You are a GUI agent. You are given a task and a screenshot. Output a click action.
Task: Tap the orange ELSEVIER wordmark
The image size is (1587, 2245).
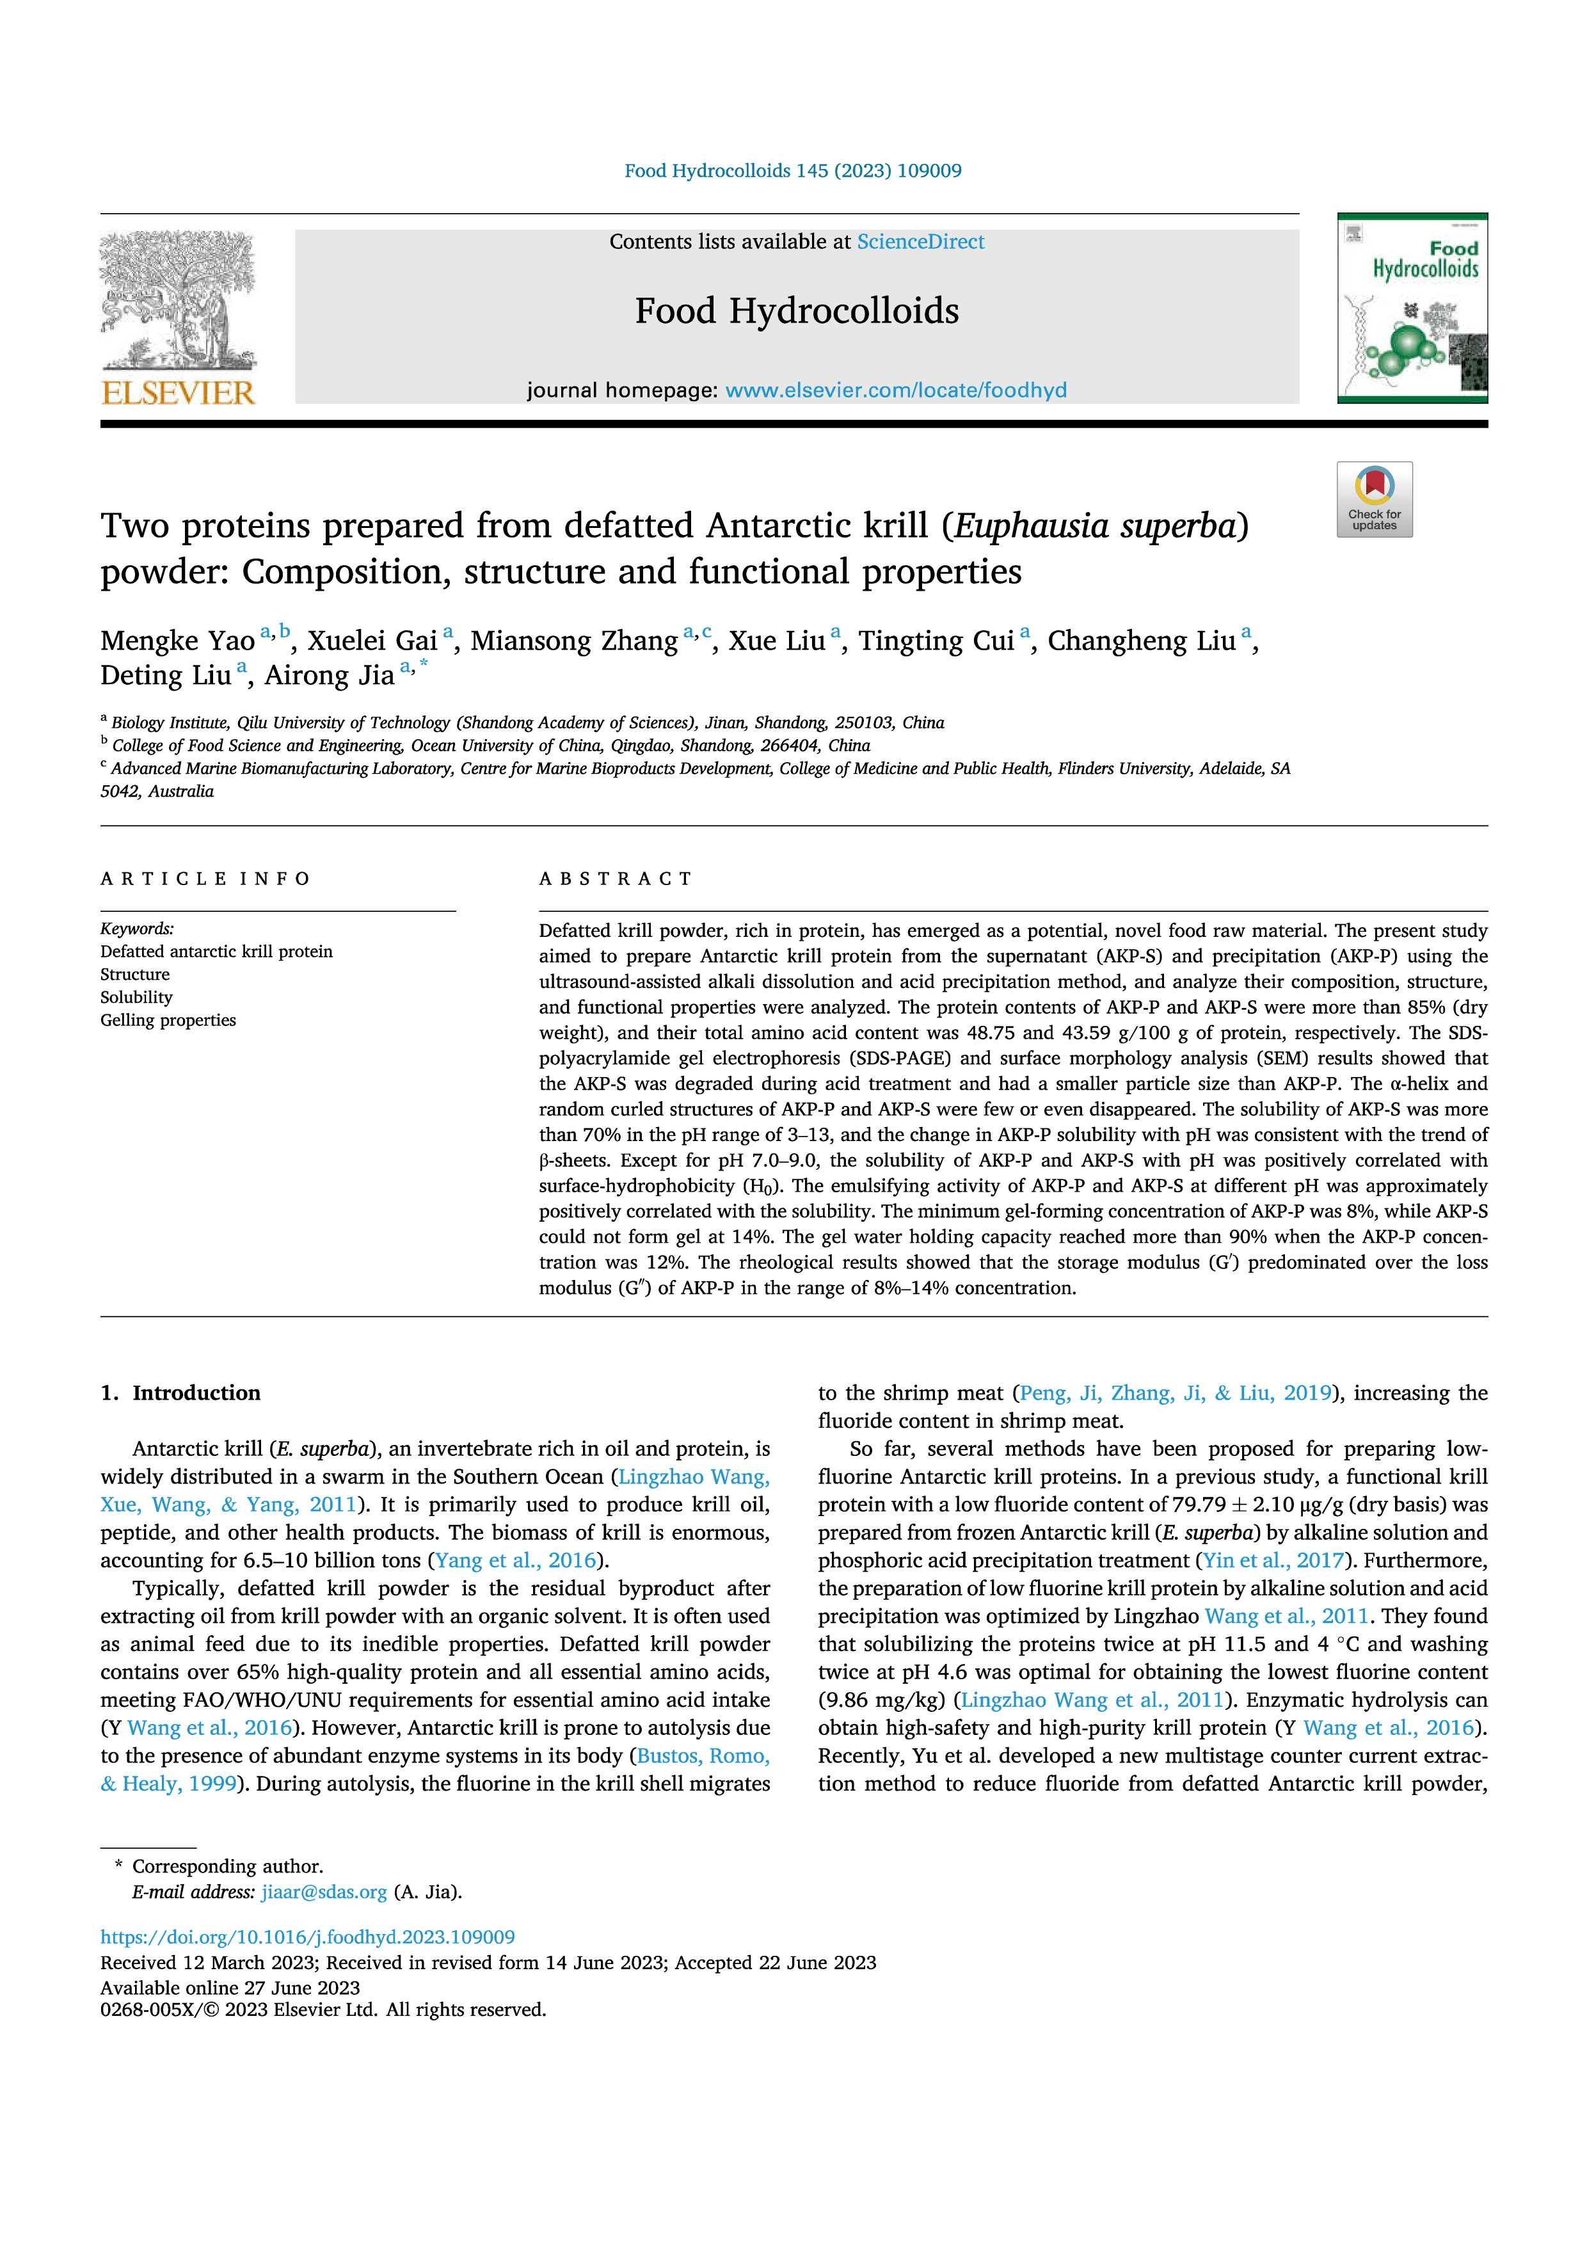[x=178, y=393]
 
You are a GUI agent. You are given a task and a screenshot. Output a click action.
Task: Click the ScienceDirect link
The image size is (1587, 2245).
[x=920, y=241]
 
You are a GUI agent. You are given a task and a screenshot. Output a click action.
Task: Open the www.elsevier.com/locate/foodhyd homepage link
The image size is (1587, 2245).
[x=896, y=390]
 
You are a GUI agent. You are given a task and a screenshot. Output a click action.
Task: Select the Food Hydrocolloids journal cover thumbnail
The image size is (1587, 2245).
[x=1412, y=308]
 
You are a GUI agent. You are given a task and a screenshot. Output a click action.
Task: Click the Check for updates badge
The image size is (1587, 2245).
[x=1374, y=499]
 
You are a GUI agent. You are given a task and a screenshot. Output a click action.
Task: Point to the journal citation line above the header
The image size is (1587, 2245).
[x=793, y=171]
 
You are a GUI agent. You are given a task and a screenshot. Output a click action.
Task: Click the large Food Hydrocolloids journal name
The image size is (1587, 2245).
[x=797, y=311]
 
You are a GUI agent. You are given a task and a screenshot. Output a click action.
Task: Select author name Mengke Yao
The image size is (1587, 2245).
[x=177, y=641]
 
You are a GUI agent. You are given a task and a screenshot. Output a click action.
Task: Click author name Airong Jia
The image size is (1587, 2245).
[x=330, y=675]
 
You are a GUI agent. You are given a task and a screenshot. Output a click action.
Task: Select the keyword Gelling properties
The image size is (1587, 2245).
[x=168, y=1020]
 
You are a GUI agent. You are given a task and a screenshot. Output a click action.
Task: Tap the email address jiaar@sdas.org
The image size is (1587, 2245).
[x=324, y=1892]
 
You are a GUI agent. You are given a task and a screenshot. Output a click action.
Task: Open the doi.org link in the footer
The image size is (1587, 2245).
[x=307, y=1937]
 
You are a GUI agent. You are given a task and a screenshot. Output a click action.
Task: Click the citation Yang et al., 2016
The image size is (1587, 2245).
[x=515, y=1560]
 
